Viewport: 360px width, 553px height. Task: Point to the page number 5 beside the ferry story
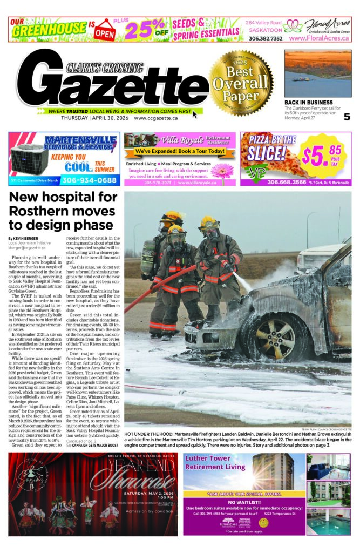pos(347,116)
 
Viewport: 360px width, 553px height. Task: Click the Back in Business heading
pos(309,102)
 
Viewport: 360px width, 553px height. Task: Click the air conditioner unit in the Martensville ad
pos(27,157)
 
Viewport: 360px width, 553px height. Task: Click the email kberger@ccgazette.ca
pos(27,248)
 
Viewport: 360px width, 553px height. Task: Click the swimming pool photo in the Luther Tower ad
pos(328,521)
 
